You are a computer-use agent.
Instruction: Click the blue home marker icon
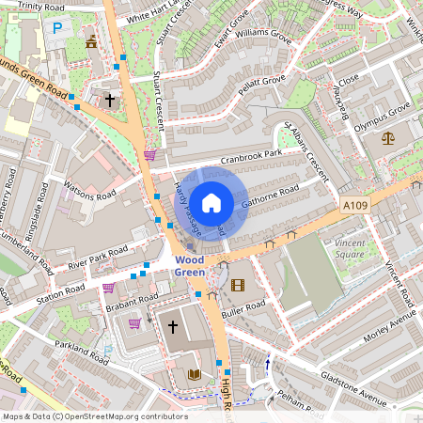click(211, 202)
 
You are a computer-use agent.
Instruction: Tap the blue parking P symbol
click(56, 29)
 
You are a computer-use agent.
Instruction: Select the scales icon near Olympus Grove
click(388, 138)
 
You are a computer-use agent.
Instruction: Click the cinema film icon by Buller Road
click(237, 285)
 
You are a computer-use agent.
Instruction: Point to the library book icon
click(195, 374)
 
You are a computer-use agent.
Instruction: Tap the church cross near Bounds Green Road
click(110, 99)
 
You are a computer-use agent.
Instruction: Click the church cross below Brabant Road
click(172, 326)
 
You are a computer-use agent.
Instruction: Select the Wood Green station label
click(189, 265)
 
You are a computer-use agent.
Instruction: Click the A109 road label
click(355, 205)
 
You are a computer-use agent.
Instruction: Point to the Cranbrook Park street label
click(251, 157)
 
